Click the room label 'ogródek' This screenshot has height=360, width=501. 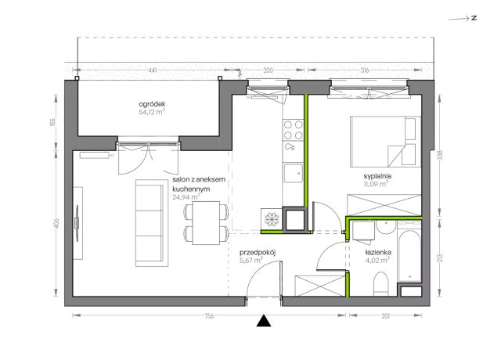pos(152,104)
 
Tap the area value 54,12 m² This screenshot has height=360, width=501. pos(152,112)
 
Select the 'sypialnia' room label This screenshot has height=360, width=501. pos(377,176)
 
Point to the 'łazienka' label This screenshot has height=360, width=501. pos(378,252)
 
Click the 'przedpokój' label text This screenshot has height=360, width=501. pos(258,253)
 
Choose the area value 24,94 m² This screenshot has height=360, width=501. pos(186,197)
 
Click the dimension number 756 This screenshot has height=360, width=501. pos(209,316)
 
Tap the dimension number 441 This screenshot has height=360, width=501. pos(153,70)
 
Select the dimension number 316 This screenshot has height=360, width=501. pos(365,70)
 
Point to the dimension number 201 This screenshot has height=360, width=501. pos(386,316)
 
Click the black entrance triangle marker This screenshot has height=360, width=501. pos(264,321)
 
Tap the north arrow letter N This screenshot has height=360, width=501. pos(474,18)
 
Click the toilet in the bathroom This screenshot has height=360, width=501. pos(380,283)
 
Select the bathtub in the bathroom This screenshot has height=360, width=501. pos(409,256)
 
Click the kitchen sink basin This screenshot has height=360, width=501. pos(294,173)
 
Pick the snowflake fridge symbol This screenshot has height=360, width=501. pos(272,219)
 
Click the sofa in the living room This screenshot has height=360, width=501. pos(152,223)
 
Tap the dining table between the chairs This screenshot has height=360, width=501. pos(206,223)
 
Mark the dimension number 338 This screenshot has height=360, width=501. pos(442,156)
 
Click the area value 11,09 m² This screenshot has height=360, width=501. pos(376,184)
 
